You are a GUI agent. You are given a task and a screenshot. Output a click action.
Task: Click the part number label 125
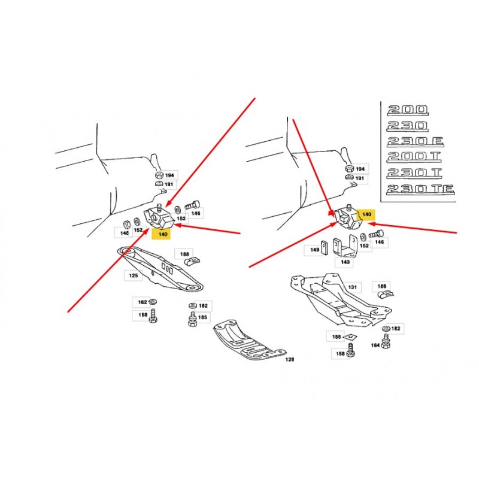pyautogui.click(x=133, y=275)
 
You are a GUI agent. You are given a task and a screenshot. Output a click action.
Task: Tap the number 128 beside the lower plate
pyautogui.click(x=290, y=359)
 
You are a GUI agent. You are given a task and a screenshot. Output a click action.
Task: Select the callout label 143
pyautogui.click(x=345, y=262)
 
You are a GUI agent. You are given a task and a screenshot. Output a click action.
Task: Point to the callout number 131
pyautogui.click(x=352, y=287)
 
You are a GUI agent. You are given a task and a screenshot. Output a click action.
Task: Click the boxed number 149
pyautogui.click(x=315, y=250)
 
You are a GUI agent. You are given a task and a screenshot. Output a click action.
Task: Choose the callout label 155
pyautogui.click(x=336, y=336)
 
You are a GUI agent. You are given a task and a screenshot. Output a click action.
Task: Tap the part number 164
pyautogui.click(x=375, y=345)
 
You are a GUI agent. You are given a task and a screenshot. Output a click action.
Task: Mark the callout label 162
pyautogui.click(x=142, y=302)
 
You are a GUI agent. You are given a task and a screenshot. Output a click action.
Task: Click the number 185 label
pyautogui.click(x=202, y=317)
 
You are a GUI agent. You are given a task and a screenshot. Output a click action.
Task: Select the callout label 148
pyautogui.click(x=124, y=233)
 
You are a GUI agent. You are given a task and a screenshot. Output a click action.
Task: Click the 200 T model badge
pyautogui.click(x=414, y=157)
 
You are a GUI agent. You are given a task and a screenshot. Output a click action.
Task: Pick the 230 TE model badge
pyautogui.click(x=420, y=189)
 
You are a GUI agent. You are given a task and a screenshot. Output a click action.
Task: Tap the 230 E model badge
pyautogui.click(x=415, y=141)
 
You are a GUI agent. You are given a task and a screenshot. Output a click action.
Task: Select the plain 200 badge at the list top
pyautogui.click(x=408, y=111)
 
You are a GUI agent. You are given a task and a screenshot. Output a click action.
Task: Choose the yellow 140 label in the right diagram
pyautogui.click(x=366, y=214)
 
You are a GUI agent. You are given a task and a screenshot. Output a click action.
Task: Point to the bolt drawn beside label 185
pyautogui.click(x=192, y=319)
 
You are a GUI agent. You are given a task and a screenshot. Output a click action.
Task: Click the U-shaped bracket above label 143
pyautogui.click(x=345, y=247)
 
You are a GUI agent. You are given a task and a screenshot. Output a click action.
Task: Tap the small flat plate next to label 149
pyautogui.click(x=324, y=248)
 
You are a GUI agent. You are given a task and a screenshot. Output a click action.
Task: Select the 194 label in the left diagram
pyautogui.click(x=169, y=175)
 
